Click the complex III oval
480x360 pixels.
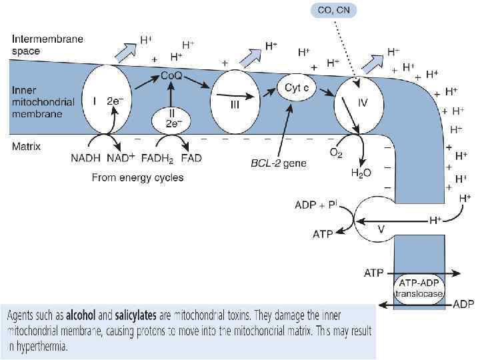click(x=233, y=101)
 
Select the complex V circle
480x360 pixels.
click(x=382, y=223)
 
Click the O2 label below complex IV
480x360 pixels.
click(x=337, y=152)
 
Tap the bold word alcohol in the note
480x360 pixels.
click(x=84, y=314)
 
